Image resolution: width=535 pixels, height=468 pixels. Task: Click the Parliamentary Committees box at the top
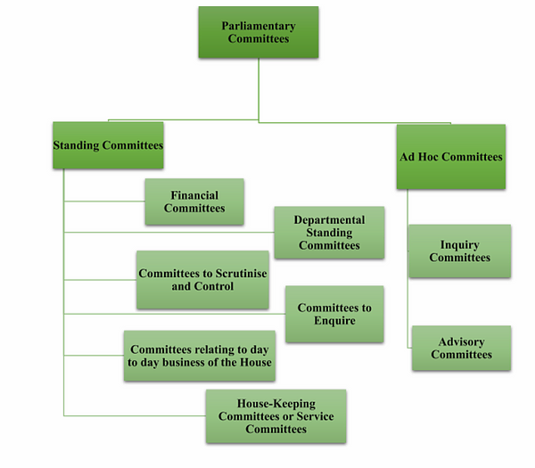tap(258, 33)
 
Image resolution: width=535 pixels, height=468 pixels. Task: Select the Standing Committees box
tap(109, 144)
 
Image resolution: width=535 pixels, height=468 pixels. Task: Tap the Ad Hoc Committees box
tap(450, 157)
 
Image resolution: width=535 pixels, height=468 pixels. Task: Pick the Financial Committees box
tap(194, 201)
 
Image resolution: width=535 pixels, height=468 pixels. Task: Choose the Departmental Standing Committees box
tap(329, 233)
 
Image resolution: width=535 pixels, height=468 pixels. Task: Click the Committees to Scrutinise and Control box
tap(202, 280)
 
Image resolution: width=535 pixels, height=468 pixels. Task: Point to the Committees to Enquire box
tap(334, 314)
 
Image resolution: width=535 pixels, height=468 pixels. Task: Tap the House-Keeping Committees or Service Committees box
tap(276, 416)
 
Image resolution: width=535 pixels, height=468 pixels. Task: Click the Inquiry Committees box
tap(459, 251)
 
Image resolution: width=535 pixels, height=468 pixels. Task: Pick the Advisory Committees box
tap(461, 348)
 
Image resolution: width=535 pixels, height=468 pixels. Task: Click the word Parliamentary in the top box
tap(259, 26)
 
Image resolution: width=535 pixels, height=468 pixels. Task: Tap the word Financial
tap(194, 195)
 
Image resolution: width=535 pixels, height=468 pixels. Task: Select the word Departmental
tap(329, 220)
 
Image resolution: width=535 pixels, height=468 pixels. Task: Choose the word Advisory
tap(461, 341)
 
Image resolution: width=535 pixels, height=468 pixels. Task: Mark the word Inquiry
tap(460, 245)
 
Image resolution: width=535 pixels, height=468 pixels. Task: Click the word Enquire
tap(334, 321)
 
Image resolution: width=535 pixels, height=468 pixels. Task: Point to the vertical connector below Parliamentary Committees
tap(259, 89)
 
